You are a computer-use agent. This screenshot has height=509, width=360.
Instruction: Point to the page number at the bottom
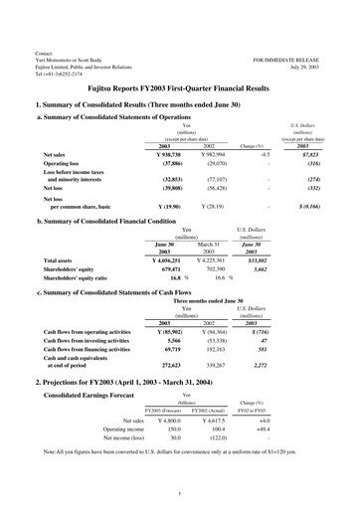[x=180, y=495]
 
